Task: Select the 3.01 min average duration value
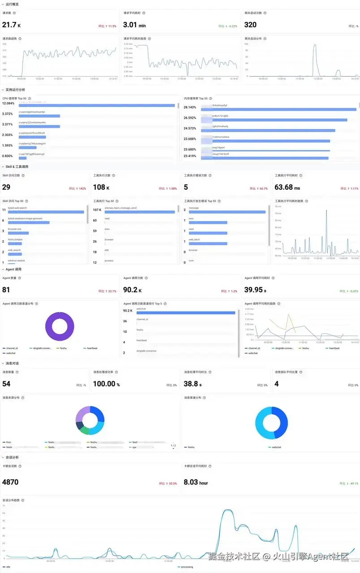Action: [x=134, y=25]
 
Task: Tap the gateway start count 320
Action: [x=250, y=25]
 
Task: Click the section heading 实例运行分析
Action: [x=15, y=90]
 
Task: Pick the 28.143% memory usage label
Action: [x=190, y=107]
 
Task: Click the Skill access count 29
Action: [x=6, y=187]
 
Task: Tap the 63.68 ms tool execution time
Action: [x=287, y=187]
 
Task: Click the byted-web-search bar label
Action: [x=18, y=208]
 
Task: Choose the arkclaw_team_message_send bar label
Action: [x=120, y=208]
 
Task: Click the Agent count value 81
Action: [x=6, y=290]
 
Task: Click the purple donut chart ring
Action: [x=48, y=326]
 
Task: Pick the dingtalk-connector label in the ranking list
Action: [x=146, y=351]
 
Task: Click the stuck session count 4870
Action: [x=10, y=482]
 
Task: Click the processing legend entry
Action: [x=186, y=567]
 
